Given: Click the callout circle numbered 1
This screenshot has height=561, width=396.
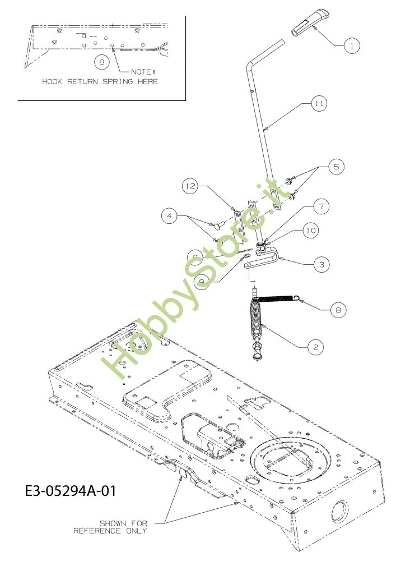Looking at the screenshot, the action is pyautogui.click(x=351, y=44).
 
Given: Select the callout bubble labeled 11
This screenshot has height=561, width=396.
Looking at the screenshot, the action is pyautogui.click(x=319, y=104).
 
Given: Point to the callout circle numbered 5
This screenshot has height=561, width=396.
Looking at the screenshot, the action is pyautogui.click(x=336, y=167).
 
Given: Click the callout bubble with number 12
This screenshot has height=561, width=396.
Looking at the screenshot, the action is pyautogui.click(x=190, y=186).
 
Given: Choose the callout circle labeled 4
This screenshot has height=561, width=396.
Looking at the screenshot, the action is pyautogui.click(x=170, y=214).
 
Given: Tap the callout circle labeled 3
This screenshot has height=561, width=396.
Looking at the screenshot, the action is pyautogui.click(x=320, y=264).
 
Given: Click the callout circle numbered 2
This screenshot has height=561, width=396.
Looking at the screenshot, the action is pyautogui.click(x=315, y=347).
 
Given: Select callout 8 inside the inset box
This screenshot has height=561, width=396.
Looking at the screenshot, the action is pyautogui.click(x=101, y=62).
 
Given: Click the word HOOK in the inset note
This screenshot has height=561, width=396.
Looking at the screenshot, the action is pyautogui.click(x=53, y=81).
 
